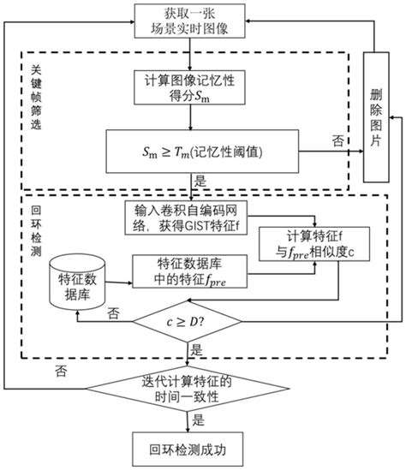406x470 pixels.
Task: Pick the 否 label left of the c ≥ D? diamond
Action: tap(112, 314)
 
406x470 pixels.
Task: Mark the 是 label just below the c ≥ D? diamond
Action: tap(199, 351)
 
